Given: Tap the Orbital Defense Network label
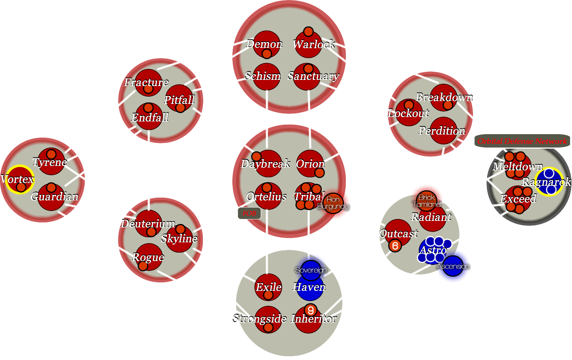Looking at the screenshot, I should (522, 141).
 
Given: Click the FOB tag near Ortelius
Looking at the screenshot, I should (249, 213).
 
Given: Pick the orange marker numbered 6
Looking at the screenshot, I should (395, 246).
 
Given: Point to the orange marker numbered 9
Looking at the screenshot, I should (311, 310).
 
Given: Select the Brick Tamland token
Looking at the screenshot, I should (427, 201).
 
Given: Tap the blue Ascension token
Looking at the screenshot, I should (453, 266).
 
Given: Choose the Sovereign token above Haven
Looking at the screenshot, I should (311, 270).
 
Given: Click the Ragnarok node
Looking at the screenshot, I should (549, 182).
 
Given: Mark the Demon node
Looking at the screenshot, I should (266, 44).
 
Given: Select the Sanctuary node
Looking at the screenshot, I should (308, 76).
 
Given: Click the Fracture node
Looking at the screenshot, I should (148, 83).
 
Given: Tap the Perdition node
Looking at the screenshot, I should (443, 131).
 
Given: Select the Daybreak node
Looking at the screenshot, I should (268, 164).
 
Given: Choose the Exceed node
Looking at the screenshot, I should (518, 199).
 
